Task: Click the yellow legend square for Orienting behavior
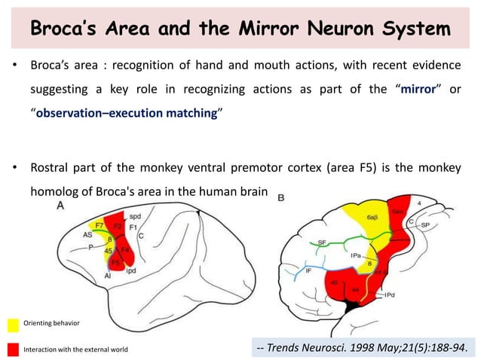pyautogui.click(x=13, y=325)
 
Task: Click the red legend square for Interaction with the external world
pyautogui.click(x=13, y=349)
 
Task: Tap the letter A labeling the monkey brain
pyautogui.click(x=60, y=205)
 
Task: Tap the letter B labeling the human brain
pyautogui.click(x=281, y=198)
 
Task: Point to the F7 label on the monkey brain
pyautogui.click(x=100, y=225)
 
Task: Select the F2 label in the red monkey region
pyautogui.click(x=118, y=225)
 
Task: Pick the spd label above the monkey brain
pyautogui.click(x=135, y=216)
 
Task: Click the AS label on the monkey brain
pyautogui.click(x=88, y=234)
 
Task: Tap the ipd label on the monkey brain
pyautogui.click(x=130, y=269)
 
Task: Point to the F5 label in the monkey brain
pyautogui.click(x=115, y=263)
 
